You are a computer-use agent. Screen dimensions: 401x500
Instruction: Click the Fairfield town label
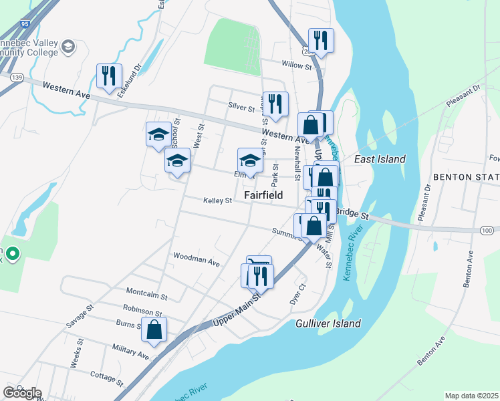tap(263, 195)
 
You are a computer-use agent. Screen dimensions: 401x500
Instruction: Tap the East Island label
tap(380, 159)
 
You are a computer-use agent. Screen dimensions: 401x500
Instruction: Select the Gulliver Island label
tap(328, 323)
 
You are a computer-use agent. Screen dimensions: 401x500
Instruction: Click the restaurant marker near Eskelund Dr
tap(109, 76)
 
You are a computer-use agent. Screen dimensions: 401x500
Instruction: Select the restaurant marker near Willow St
tap(321, 41)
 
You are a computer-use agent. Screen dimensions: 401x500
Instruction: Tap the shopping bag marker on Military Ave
tap(154, 329)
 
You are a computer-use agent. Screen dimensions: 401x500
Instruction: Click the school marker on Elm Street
tap(250, 161)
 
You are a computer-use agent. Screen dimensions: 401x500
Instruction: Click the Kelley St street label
tap(218, 200)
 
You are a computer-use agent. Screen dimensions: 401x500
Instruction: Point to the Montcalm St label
tap(146, 291)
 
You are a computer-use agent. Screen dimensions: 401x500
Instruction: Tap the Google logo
tap(22, 393)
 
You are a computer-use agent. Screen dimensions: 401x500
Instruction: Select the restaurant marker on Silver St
tap(275, 104)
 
